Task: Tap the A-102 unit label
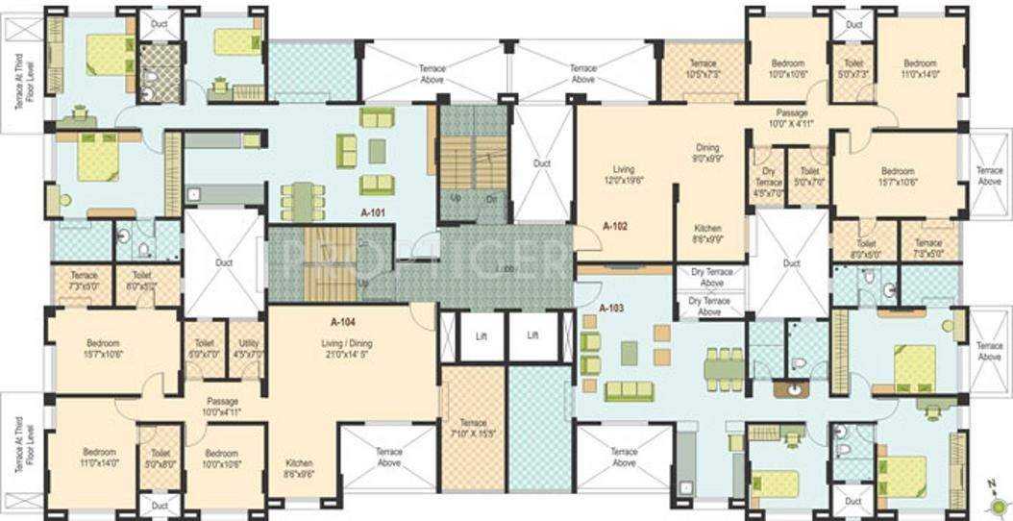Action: [x=615, y=226]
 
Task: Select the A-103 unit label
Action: [x=611, y=309]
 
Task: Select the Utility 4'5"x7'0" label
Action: [x=245, y=348]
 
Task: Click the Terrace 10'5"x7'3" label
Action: [x=703, y=69]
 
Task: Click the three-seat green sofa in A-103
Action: [x=629, y=390]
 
